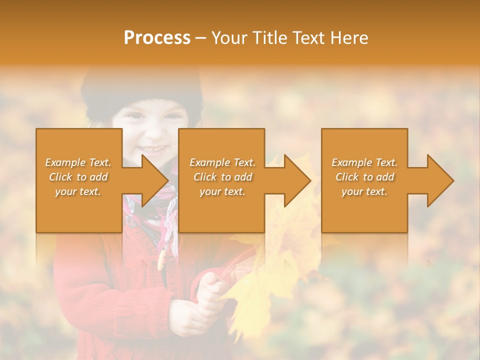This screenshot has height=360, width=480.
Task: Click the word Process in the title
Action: [157, 37]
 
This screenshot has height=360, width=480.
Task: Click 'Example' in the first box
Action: [65, 162]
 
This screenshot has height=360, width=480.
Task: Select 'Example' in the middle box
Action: [210, 162]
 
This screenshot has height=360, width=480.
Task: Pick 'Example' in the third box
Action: [352, 162]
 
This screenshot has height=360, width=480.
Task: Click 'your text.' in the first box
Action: [78, 191]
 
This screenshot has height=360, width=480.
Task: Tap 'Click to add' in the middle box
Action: [222, 177]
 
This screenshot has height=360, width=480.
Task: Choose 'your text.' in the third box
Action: [364, 191]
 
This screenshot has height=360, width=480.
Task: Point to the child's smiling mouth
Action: [152, 149]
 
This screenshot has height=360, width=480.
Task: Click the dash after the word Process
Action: [201, 38]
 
